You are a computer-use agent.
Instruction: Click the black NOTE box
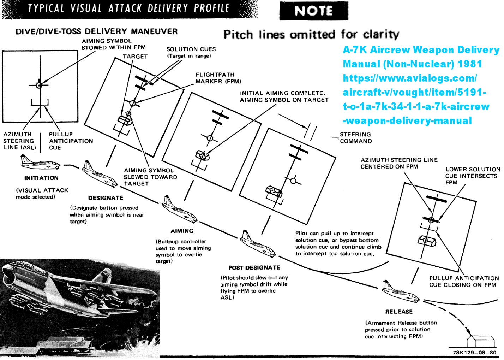(x=313, y=11)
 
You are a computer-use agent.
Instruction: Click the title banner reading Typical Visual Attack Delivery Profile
(x=129, y=8)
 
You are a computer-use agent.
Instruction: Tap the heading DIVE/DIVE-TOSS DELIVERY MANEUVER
(x=96, y=31)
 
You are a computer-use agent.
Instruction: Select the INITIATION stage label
(x=41, y=178)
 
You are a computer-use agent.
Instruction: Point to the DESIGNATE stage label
(x=106, y=198)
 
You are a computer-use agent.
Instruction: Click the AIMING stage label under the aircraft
(x=182, y=231)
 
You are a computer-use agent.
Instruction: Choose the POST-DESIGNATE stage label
(x=254, y=268)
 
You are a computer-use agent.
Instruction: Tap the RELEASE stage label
(x=399, y=312)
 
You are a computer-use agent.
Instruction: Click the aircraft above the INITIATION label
(x=40, y=163)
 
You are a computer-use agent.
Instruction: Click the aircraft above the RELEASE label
(x=400, y=291)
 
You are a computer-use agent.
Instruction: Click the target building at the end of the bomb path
(x=480, y=342)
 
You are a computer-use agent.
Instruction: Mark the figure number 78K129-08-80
(x=475, y=353)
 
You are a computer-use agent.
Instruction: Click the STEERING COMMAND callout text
(x=355, y=138)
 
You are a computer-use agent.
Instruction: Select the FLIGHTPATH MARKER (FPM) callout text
(x=218, y=78)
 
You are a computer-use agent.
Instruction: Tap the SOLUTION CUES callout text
(x=191, y=52)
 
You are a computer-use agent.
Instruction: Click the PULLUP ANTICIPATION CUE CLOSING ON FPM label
(x=464, y=282)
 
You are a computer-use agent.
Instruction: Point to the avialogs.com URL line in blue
(x=410, y=78)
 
